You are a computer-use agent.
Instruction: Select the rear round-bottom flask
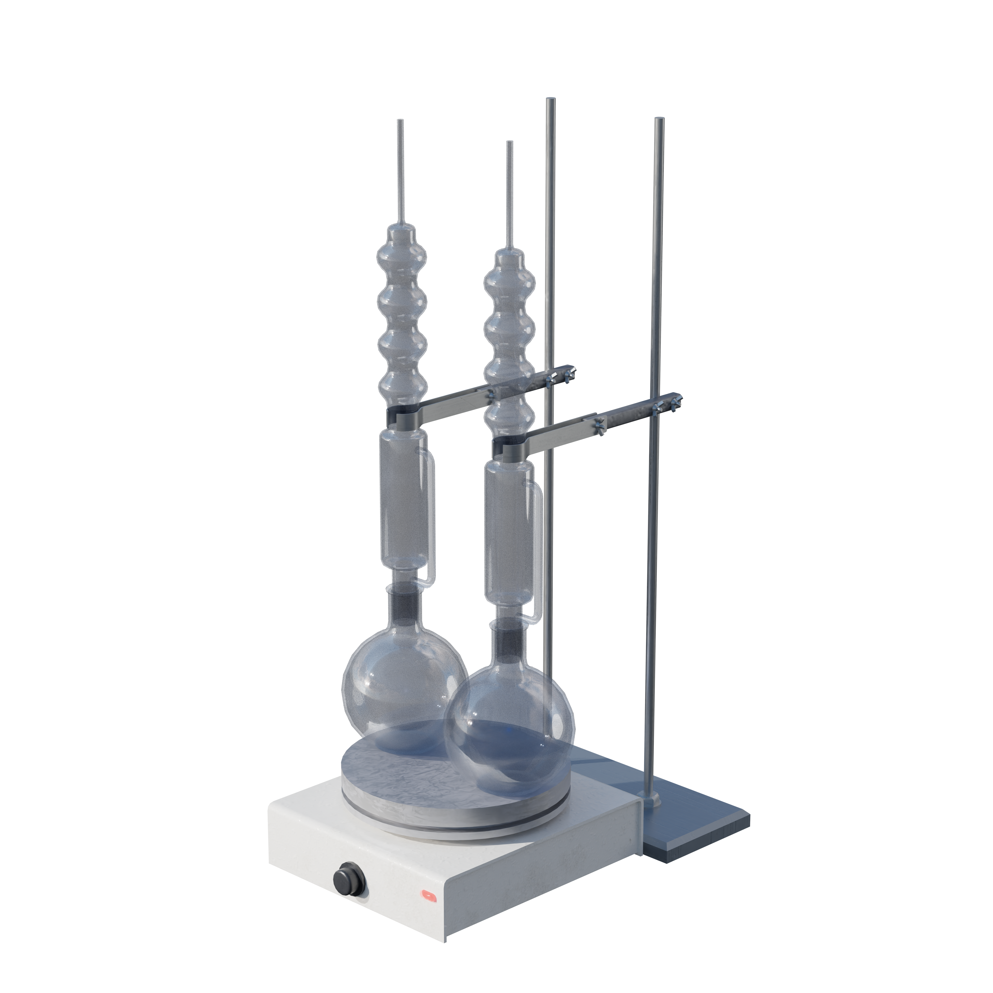pyautogui.click(x=391, y=684)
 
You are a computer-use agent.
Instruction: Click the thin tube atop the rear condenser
pyautogui.click(x=400, y=170)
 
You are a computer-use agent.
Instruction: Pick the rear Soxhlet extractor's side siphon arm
pyautogui.click(x=431, y=519)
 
